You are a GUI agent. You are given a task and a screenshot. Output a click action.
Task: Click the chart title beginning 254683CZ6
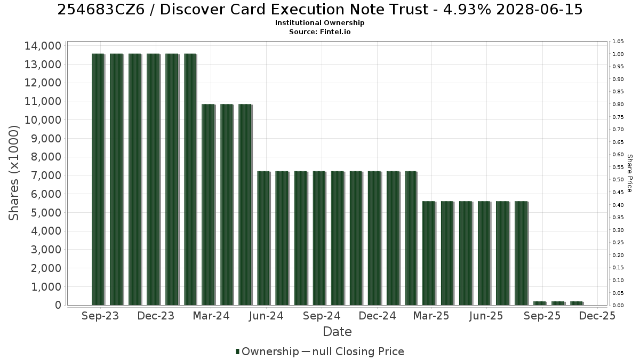(319, 10)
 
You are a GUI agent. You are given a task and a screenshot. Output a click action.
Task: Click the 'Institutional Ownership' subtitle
(319, 23)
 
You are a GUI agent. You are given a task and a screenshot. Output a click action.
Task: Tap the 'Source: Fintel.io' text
(319, 31)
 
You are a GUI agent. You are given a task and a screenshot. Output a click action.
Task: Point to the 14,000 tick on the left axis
(43, 46)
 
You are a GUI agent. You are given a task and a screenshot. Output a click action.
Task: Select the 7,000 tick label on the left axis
(46, 175)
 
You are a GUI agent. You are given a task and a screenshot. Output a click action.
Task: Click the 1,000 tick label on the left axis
(46, 287)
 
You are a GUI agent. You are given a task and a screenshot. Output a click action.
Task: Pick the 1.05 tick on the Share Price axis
(618, 42)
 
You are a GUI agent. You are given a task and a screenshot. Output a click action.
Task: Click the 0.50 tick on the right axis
(618, 180)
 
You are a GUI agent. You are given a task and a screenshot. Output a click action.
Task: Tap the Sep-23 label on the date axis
(100, 316)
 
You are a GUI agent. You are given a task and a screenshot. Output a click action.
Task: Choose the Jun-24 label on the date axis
(266, 316)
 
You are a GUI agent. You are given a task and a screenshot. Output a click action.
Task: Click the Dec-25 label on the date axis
(597, 316)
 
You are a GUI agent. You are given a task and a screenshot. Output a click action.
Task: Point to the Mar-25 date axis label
(431, 316)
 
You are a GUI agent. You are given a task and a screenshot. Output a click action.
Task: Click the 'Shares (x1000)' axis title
(14, 173)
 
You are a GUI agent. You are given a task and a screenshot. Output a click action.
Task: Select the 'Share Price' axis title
(629, 173)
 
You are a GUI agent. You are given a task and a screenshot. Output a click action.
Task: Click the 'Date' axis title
(337, 332)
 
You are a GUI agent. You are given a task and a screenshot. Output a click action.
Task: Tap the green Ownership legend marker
(237, 351)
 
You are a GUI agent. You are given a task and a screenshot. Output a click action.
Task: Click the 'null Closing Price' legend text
(358, 351)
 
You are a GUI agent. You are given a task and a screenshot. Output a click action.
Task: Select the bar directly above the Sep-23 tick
(98, 179)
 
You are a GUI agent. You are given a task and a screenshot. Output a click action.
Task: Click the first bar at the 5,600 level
(429, 253)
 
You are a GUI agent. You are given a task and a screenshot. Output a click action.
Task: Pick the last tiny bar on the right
(577, 303)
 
